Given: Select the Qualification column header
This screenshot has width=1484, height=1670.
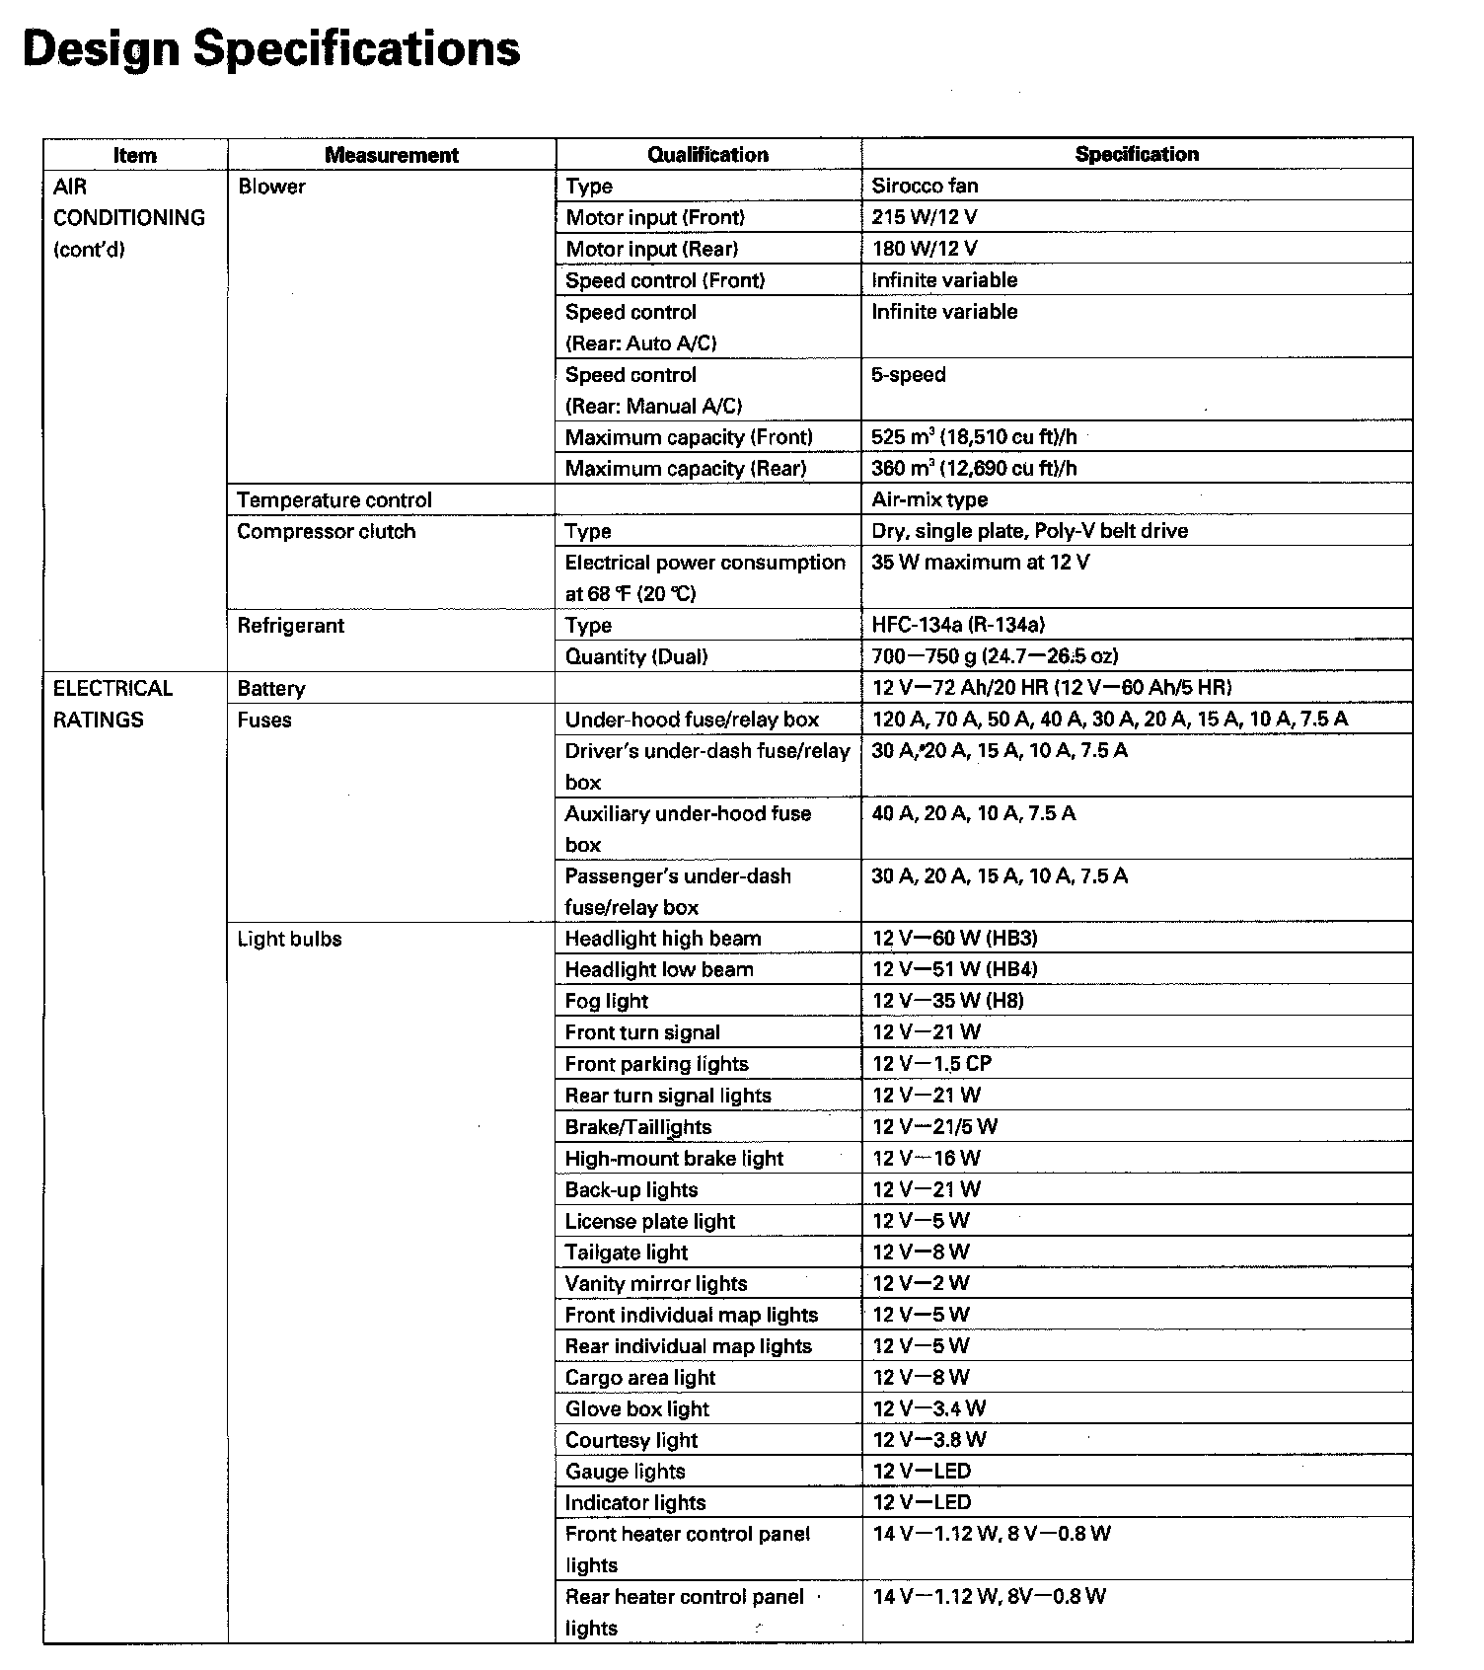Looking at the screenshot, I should [x=707, y=154].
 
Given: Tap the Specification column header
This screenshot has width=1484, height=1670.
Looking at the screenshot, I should [x=1137, y=154].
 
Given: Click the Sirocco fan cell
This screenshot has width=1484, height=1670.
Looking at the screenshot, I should [x=925, y=186].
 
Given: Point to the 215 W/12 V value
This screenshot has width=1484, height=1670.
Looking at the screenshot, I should [x=925, y=217].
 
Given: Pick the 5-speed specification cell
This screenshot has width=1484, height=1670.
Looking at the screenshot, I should [x=909, y=375].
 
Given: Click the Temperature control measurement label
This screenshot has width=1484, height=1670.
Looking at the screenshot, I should [x=334, y=500].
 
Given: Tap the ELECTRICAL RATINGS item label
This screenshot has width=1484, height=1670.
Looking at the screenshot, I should [x=112, y=704].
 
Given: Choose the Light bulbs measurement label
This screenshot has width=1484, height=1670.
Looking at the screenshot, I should [x=289, y=939].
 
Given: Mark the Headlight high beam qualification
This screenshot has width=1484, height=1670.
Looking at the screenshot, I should [x=663, y=939].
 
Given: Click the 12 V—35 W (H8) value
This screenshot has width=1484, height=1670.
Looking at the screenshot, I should [x=948, y=1001].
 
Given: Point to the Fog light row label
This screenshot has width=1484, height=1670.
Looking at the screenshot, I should [x=607, y=1001].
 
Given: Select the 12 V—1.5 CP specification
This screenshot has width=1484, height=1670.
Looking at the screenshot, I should [x=932, y=1064].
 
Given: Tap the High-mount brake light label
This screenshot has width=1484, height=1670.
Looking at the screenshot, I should [x=674, y=1159].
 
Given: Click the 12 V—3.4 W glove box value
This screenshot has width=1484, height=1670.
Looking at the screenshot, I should [x=929, y=1408].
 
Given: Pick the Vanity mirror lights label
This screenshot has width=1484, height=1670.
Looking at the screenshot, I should [x=656, y=1284].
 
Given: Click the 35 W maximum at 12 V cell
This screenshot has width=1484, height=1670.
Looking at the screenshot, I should [x=981, y=563].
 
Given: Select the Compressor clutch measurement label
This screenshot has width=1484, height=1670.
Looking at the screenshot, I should [x=327, y=532].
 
